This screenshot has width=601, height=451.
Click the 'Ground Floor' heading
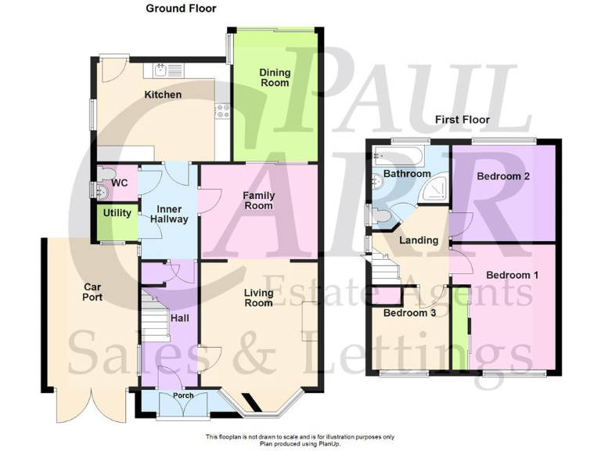click(x=181, y=9)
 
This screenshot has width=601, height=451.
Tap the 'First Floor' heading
click(x=462, y=120)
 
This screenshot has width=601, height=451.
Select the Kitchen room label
click(x=163, y=95)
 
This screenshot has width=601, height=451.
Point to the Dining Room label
click(x=275, y=78)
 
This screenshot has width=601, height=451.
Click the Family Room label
click(x=257, y=200)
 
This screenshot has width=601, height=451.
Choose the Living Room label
click(x=257, y=298)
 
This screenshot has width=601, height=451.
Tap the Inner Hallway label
click(x=170, y=215)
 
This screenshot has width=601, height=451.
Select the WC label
click(x=120, y=182)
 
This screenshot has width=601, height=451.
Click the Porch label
click(x=183, y=395)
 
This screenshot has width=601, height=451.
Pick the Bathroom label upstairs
click(x=407, y=174)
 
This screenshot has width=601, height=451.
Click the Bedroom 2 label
click(x=503, y=176)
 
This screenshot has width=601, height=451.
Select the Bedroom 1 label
click(x=512, y=275)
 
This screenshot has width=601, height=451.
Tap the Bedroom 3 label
click(x=409, y=314)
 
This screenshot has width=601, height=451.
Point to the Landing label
click(x=419, y=240)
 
